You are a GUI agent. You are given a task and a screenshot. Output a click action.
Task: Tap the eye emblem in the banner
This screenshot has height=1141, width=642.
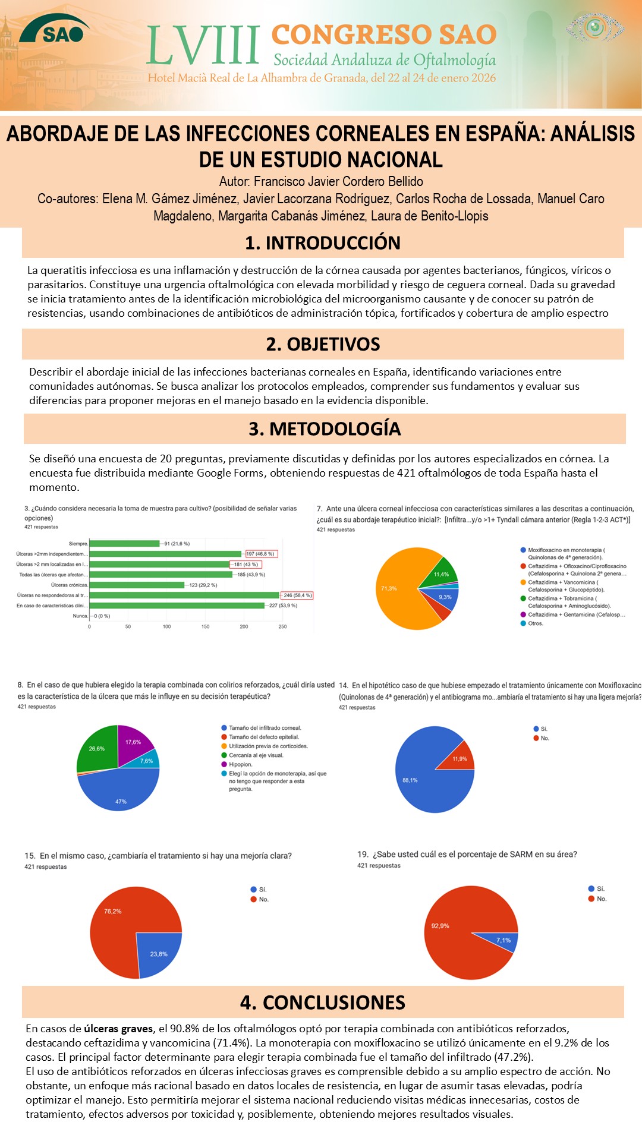pos(594,27)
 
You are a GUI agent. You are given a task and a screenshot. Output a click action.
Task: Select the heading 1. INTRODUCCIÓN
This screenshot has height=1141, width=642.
pos(323,243)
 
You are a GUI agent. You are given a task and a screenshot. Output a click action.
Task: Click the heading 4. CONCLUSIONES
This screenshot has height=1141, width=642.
pos(323,1003)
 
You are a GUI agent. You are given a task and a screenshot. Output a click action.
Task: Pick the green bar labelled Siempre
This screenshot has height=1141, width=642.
pos(124,544)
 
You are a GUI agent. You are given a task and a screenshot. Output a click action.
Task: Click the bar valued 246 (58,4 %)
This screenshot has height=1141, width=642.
pos(184,595)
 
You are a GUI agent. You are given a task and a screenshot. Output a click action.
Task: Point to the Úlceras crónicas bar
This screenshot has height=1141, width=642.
pos(137,585)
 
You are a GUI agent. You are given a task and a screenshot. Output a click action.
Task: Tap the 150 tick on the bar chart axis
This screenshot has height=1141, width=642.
pos(205,626)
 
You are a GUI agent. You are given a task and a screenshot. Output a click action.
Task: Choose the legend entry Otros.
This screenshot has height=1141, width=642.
pos(535,623)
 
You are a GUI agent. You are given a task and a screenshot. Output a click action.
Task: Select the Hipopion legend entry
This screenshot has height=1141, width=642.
pos(240,765)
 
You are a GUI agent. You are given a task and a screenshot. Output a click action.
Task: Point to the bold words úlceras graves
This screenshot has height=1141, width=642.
pos(118,1029)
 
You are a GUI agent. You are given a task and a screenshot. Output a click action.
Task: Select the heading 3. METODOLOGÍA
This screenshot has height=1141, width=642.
pos(325,428)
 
